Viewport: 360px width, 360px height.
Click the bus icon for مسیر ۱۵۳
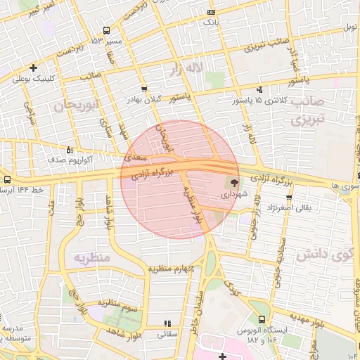tap(106, 31)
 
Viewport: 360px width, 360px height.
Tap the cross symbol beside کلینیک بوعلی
tap(34, 68)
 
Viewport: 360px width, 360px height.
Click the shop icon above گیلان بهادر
tap(144, 89)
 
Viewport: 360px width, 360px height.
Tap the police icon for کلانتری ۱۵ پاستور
tap(260, 89)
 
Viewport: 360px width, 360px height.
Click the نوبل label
tap(350, 27)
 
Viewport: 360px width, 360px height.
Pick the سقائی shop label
tap(168, 335)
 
